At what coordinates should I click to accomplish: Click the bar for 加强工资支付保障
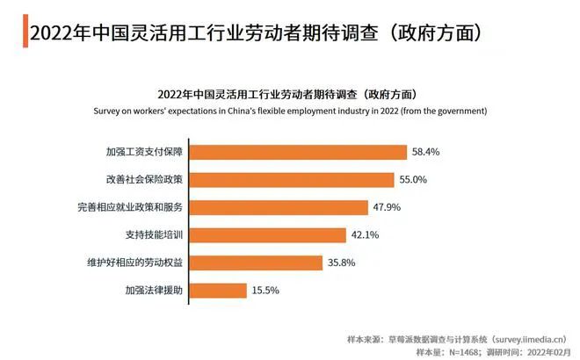pyautogui.click(x=298, y=152)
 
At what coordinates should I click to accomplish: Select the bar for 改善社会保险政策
pyautogui.click(x=291, y=179)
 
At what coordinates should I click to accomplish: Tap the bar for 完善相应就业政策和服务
pyautogui.click(x=278, y=207)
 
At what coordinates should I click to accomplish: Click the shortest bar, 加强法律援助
pyautogui.click(x=217, y=290)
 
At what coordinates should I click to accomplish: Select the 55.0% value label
pyautogui.click(x=410, y=179)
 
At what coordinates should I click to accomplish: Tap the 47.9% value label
pyautogui.click(x=384, y=207)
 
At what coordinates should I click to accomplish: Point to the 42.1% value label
pyautogui.click(x=363, y=234)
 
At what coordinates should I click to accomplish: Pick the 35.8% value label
pyautogui.click(x=339, y=262)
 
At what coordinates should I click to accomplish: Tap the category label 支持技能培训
pyautogui.click(x=155, y=234)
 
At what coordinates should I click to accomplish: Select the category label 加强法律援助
pyautogui.click(x=155, y=290)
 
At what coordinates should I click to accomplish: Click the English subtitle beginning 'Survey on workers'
pyautogui.click(x=291, y=112)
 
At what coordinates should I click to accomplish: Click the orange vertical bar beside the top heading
pyautogui.click(x=22, y=32)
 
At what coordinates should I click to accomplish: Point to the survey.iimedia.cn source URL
pyautogui.click(x=532, y=336)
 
